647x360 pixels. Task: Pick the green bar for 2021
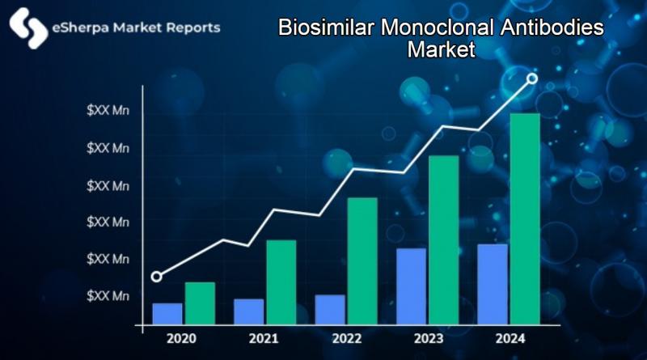[x=281, y=282]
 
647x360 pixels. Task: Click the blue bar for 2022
[x=330, y=310]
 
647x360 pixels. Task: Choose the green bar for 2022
[x=362, y=261]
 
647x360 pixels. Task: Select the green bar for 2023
[x=443, y=240]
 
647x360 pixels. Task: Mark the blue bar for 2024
[x=493, y=284]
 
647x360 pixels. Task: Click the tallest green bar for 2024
[x=524, y=218]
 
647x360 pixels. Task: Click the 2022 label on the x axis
[x=346, y=338]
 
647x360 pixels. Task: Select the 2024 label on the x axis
[x=510, y=338]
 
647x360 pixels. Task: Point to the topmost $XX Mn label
[x=108, y=112]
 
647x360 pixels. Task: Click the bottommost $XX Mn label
[x=108, y=296]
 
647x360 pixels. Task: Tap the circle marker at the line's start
[x=157, y=277]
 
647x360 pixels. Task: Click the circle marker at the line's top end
[x=532, y=78]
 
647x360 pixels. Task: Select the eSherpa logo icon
[x=27, y=28]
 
